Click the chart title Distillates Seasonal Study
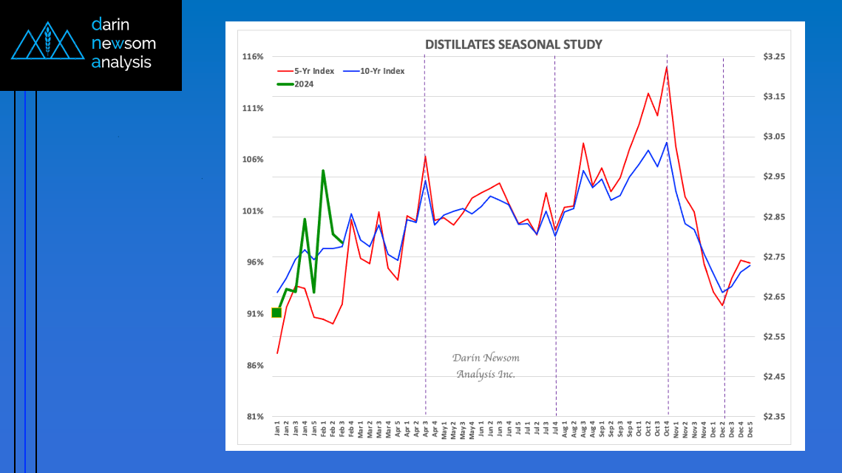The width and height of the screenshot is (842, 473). click(x=513, y=44)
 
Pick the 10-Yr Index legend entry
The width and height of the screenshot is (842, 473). click(x=380, y=71)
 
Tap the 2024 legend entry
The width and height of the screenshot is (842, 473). click(x=304, y=84)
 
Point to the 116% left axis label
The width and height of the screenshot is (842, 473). click(x=253, y=57)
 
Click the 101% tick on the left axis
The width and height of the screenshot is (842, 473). click(x=253, y=211)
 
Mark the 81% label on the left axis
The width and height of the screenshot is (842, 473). click(x=253, y=417)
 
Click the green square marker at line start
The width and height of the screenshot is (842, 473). click(x=276, y=313)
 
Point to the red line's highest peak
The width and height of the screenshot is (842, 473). click(x=667, y=67)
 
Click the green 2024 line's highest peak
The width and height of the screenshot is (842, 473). click(x=323, y=171)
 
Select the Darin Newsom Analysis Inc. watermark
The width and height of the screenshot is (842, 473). click(x=486, y=366)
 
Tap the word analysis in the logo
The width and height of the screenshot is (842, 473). click(x=122, y=63)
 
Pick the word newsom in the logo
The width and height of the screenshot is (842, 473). click(x=123, y=44)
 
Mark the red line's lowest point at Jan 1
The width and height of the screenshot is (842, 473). click(x=277, y=353)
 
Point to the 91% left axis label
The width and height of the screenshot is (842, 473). click(x=253, y=314)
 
